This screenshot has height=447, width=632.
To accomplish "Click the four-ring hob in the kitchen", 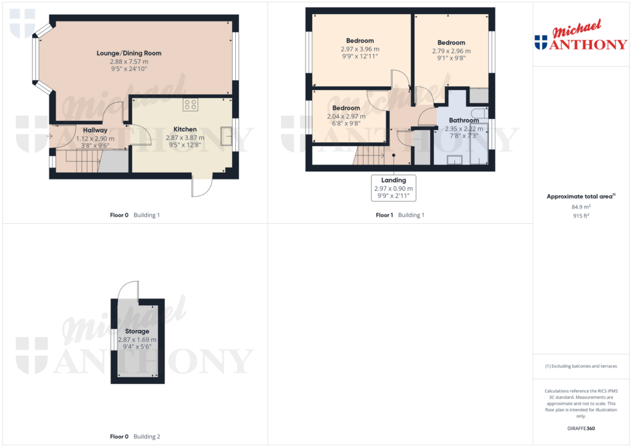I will click(x=189, y=105).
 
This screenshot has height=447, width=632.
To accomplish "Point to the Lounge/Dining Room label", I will click(x=129, y=53).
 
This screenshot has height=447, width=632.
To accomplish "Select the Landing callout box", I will click(x=394, y=188).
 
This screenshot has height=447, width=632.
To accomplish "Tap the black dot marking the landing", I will click(x=394, y=156).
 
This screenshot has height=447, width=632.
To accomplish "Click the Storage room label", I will click(x=137, y=331).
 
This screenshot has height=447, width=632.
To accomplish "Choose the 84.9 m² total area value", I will click(x=581, y=207).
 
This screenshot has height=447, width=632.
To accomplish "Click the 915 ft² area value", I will click(x=581, y=216).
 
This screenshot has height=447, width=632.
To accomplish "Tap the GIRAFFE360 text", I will click(x=581, y=428).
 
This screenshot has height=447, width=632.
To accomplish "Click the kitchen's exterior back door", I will click(x=202, y=186).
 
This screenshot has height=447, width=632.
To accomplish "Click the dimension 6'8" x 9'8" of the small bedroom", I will click(x=346, y=123).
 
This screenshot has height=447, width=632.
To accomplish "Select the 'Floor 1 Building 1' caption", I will click(x=400, y=215).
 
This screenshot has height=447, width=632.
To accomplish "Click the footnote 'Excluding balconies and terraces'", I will click(x=581, y=366).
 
